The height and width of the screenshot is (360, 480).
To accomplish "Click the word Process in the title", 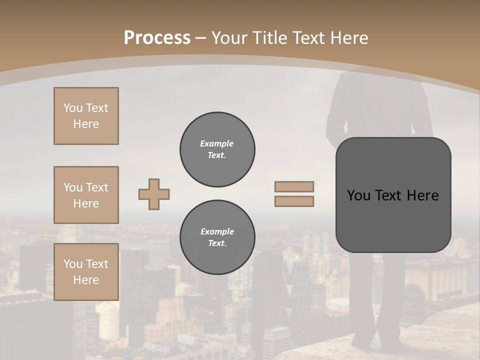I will [x=157, y=38].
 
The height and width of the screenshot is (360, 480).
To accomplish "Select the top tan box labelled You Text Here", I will [x=86, y=116].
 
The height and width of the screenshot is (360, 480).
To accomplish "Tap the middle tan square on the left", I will [x=86, y=195].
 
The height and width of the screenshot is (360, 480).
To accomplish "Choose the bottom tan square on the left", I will [x=86, y=272].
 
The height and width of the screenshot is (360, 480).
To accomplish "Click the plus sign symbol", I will [x=154, y=194].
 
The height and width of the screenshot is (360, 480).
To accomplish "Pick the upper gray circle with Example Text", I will [x=217, y=149].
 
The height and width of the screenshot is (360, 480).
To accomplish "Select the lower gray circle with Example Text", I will [x=217, y=237].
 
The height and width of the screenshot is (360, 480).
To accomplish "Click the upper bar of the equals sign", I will [x=294, y=186].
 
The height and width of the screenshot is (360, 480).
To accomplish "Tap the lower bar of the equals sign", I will [x=294, y=201].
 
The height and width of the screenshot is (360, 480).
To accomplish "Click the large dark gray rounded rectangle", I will [x=393, y=220].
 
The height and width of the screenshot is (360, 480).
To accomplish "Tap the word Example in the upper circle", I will [x=216, y=143].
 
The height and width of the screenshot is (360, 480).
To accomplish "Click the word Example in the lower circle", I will [x=217, y=231].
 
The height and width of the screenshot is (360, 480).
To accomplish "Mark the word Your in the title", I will [x=227, y=38].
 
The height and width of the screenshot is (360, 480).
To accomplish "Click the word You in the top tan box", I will [x=72, y=108].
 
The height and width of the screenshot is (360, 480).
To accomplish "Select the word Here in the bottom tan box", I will [x=86, y=280].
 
